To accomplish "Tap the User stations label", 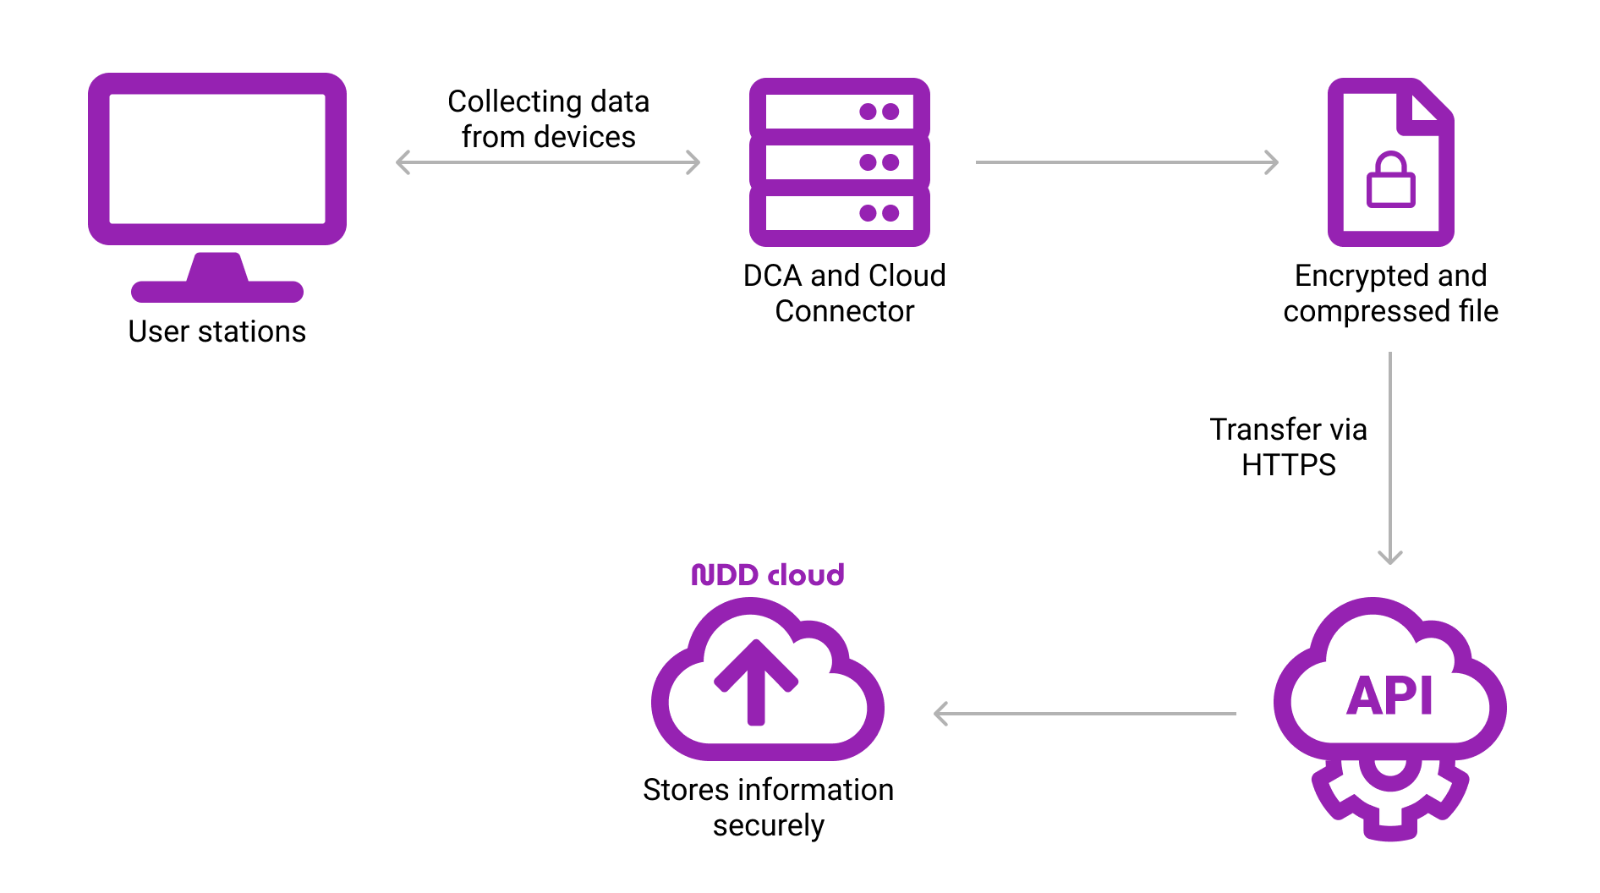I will pyautogui.click(x=216, y=331).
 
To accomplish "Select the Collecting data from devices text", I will pyautogui.click(x=548, y=119).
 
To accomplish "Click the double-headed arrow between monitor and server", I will pyautogui.click(x=548, y=162).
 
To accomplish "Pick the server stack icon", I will pyautogui.click(x=839, y=162).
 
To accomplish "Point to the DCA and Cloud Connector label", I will pyautogui.click(x=844, y=293).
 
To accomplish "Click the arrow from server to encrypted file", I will pyautogui.click(x=1126, y=162).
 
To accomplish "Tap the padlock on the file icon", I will pyautogui.click(x=1390, y=180).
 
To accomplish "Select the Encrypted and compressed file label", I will pyautogui.click(x=1390, y=293).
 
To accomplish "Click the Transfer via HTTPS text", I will pyautogui.click(x=1288, y=447).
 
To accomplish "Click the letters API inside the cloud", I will pyautogui.click(x=1389, y=697).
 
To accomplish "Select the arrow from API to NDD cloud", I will pyautogui.click(x=1084, y=714).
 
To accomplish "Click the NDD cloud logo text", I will pyautogui.click(x=768, y=575).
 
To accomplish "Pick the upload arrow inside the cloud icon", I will pyautogui.click(x=756, y=682).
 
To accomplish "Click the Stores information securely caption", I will pyautogui.click(x=768, y=808).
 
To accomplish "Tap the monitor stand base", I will pyautogui.click(x=217, y=292).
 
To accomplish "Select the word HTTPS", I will pyautogui.click(x=1288, y=465).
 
